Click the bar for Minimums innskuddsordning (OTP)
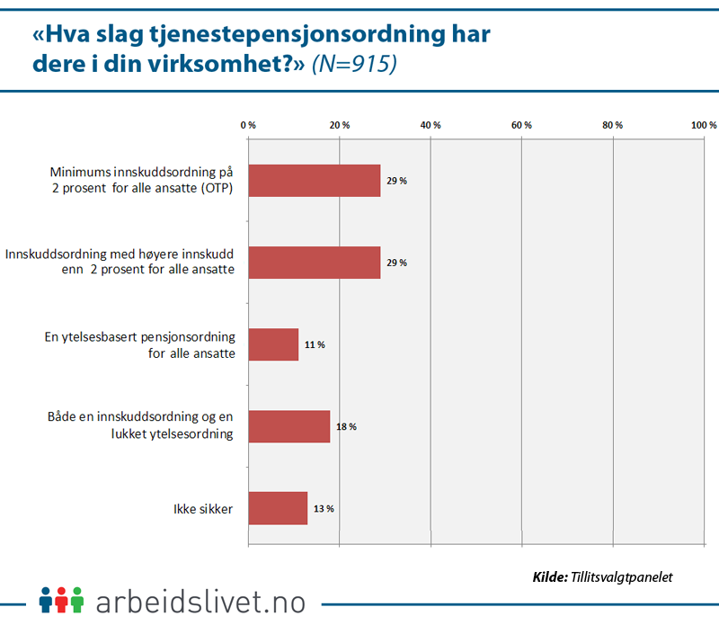click(x=314, y=181)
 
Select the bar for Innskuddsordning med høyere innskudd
click(x=314, y=263)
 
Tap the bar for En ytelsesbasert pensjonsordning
click(x=273, y=344)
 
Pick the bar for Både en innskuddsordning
click(x=288, y=426)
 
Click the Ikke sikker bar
click(x=278, y=508)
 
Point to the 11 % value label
click(x=315, y=344)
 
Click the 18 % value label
click(x=346, y=426)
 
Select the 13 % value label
click(x=324, y=508)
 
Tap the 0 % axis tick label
click(x=249, y=125)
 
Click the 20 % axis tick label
click(x=340, y=125)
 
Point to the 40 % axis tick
click(x=431, y=125)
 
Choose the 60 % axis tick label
click(x=521, y=125)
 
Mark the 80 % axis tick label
click(x=613, y=125)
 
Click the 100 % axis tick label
click(x=703, y=125)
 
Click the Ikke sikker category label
click(x=204, y=509)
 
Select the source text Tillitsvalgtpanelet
click(x=621, y=576)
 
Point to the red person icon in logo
click(x=61, y=599)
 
